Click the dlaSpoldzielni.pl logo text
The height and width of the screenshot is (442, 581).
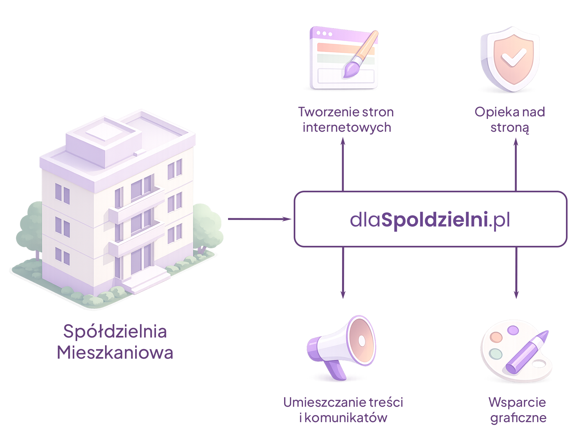[430, 220]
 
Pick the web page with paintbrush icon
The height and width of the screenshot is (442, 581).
[343, 57]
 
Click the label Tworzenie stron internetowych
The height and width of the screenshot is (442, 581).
[346, 120]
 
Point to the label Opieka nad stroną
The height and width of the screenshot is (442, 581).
[510, 120]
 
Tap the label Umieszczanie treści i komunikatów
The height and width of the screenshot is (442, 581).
[343, 410]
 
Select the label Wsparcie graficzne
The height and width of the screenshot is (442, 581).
[518, 410]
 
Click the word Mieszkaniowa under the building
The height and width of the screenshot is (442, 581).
[115, 353]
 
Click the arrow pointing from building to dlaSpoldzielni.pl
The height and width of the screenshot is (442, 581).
[259, 219]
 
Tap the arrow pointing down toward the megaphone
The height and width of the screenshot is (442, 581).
[343, 272]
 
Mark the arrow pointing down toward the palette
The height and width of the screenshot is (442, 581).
[516, 272]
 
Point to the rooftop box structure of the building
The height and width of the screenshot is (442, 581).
[104, 141]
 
